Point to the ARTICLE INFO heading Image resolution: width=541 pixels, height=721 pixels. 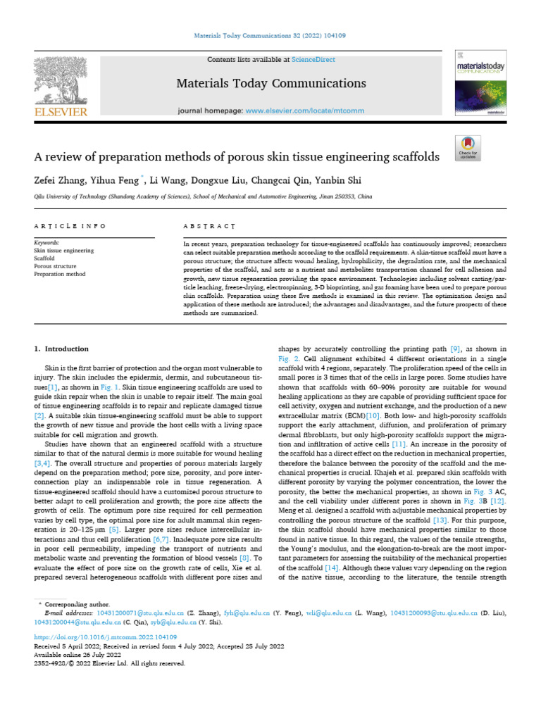click(70, 226)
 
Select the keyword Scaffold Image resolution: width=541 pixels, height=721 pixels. click(45, 258)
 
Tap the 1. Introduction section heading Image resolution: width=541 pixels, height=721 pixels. click(61, 349)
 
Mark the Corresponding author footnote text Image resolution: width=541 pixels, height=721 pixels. click(77, 604)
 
